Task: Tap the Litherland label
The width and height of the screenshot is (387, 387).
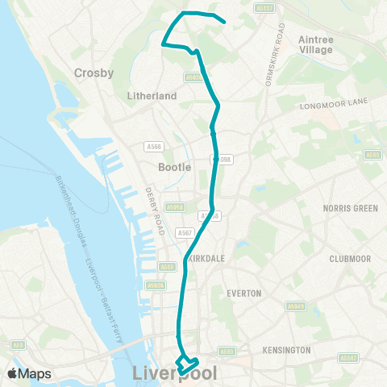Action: (x=152, y=95)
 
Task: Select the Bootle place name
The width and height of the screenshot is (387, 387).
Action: (x=175, y=167)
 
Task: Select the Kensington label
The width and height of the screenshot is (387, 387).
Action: (x=286, y=350)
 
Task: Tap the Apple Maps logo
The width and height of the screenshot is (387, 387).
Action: (x=29, y=373)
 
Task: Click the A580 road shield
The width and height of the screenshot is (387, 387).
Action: (x=370, y=155)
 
